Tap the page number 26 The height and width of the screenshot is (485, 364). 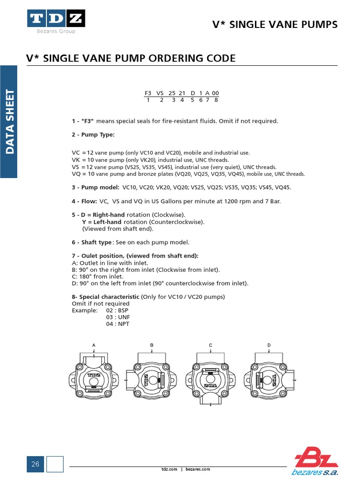point(36,464)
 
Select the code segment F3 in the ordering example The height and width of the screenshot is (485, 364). point(148,93)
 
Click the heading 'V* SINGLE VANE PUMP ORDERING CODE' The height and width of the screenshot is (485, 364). point(130,58)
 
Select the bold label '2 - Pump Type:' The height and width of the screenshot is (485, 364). point(93,135)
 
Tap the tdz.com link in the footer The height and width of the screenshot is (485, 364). point(169,469)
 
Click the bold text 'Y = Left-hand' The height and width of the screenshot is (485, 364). point(103,222)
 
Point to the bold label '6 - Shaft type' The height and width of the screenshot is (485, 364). point(92,242)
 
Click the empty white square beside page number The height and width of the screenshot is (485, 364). point(55,464)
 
